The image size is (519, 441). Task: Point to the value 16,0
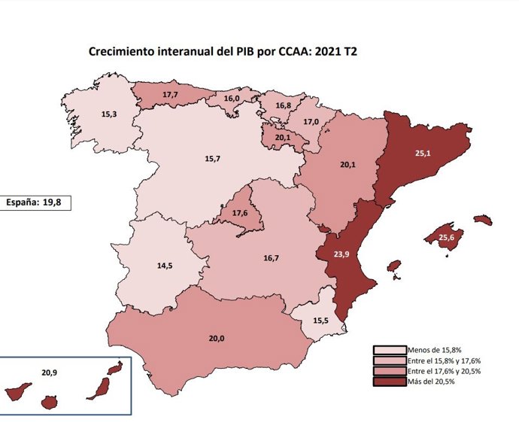click(x=231, y=99)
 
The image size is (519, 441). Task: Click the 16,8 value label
click(x=283, y=105)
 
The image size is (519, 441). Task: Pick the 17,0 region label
click(x=311, y=121)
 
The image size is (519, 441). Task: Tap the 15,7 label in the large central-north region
click(x=213, y=159)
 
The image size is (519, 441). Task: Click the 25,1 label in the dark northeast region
click(x=423, y=153)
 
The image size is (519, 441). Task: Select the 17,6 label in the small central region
click(x=241, y=214)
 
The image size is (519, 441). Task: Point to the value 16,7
click(x=272, y=258)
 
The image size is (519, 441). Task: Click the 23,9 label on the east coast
click(x=342, y=254)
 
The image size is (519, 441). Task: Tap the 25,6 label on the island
click(x=447, y=239)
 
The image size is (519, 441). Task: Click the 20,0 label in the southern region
click(x=217, y=339)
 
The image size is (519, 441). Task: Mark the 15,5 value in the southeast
click(x=320, y=321)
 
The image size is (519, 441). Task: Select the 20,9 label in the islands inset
click(x=50, y=372)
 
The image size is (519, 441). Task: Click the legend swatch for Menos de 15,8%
click(x=389, y=350)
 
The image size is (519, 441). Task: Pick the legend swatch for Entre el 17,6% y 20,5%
click(x=389, y=371)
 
